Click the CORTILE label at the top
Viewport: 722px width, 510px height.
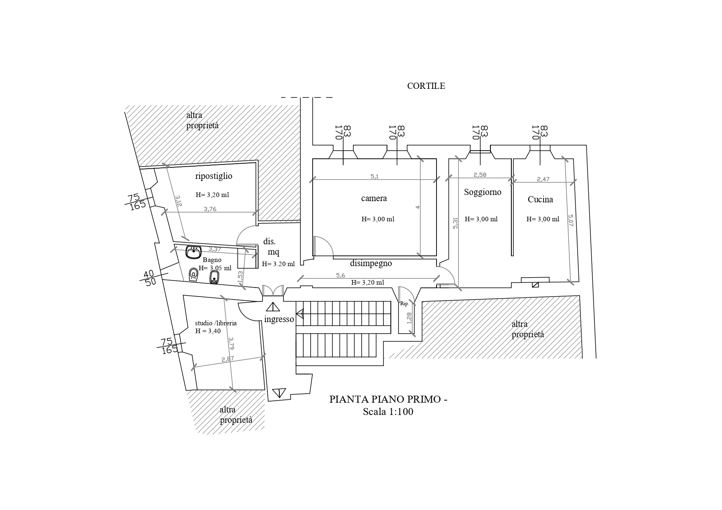pyautogui.click(x=426, y=86)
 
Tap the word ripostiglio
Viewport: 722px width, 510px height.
pyautogui.click(x=214, y=176)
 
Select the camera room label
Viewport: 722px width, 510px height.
pyautogui.click(x=374, y=198)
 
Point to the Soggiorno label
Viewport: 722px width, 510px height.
pyautogui.click(x=483, y=192)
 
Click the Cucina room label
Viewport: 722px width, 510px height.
pyautogui.click(x=540, y=199)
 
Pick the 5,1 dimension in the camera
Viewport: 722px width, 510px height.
pyautogui.click(x=374, y=176)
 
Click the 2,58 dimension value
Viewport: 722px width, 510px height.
pyautogui.click(x=480, y=175)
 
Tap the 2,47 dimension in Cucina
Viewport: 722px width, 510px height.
pyautogui.click(x=543, y=179)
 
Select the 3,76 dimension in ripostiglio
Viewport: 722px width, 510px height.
pyautogui.click(x=210, y=209)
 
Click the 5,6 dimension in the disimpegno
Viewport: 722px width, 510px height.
pyautogui.click(x=341, y=276)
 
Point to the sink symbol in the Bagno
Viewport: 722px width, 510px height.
pyautogui.click(x=193, y=252)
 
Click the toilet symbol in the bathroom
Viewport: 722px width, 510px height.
pyautogui.click(x=193, y=274)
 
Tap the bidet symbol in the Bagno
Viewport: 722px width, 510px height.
pyautogui.click(x=214, y=277)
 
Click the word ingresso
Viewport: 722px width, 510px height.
pyautogui.click(x=279, y=319)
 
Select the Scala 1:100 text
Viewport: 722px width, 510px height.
pyautogui.click(x=388, y=412)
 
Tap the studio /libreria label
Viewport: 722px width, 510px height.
pyautogui.click(x=216, y=323)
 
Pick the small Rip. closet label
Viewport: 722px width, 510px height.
pyautogui.click(x=404, y=304)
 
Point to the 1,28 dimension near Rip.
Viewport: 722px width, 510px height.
pyautogui.click(x=409, y=318)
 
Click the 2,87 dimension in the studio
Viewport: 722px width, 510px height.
pyautogui.click(x=228, y=359)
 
